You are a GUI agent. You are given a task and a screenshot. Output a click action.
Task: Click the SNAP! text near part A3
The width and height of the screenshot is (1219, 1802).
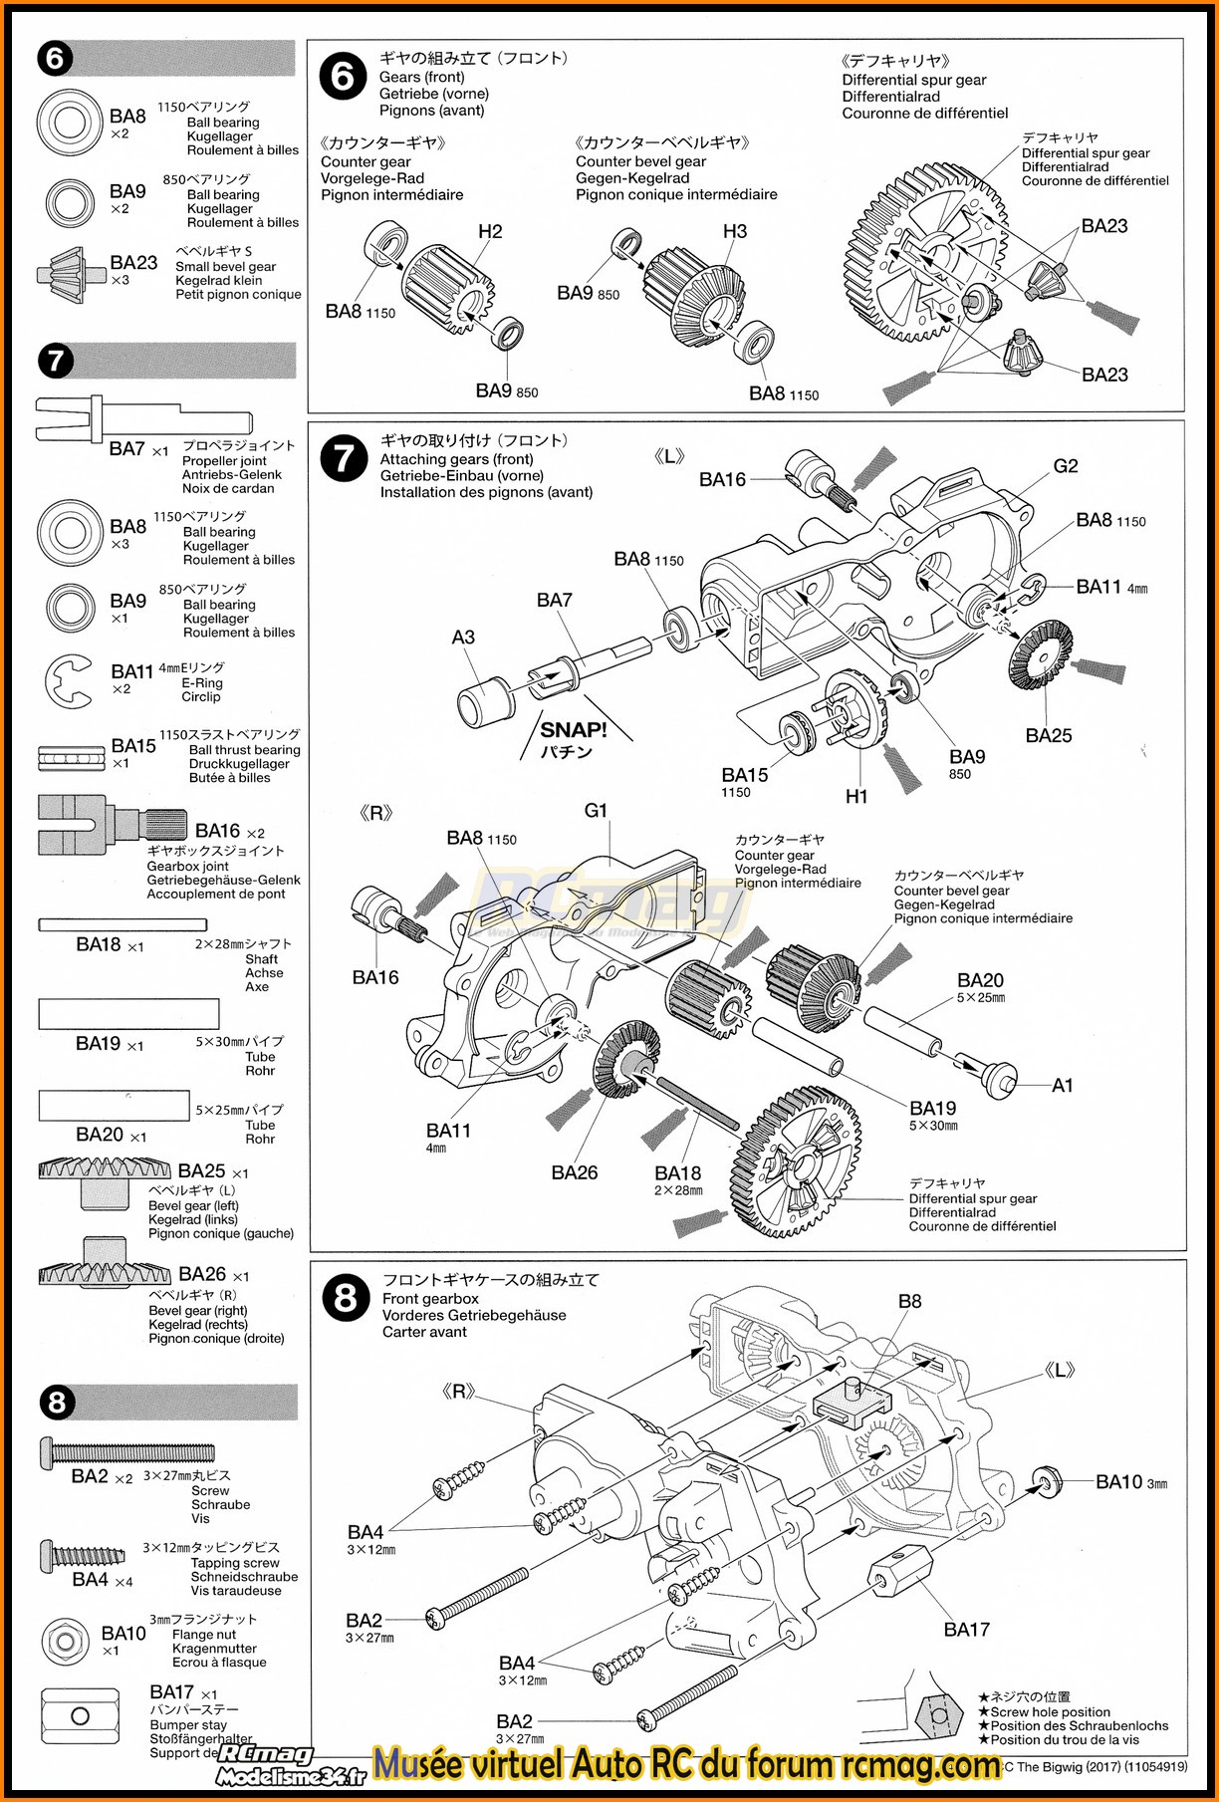pyautogui.click(x=573, y=729)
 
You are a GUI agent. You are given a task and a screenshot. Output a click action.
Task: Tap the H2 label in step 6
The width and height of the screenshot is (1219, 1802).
pyautogui.click(x=490, y=232)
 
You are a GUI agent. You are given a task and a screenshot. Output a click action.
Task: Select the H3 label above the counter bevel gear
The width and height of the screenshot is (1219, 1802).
pyautogui.click(x=734, y=231)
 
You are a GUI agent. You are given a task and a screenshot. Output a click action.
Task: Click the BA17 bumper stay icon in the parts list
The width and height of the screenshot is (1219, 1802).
pyautogui.click(x=80, y=1715)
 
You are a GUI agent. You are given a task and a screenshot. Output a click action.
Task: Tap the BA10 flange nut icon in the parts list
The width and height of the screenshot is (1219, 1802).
pyautogui.click(x=67, y=1639)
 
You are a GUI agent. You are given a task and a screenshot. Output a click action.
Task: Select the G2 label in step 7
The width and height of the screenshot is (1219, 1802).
pyautogui.click(x=1065, y=466)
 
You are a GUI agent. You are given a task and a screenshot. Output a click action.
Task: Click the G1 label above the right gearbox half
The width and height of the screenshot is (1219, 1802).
pyautogui.click(x=596, y=811)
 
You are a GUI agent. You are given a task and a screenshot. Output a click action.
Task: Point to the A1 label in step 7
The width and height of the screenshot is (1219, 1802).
pyautogui.click(x=1063, y=1085)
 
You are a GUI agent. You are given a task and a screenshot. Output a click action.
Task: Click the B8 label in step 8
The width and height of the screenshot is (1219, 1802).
pyautogui.click(x=909, y=1301)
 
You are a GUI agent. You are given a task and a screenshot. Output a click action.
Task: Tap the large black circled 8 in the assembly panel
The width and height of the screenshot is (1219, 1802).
pyautogui.click(x=345, y=1299)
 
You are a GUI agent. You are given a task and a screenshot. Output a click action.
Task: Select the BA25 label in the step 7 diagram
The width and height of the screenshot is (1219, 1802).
pyautogui.click(x=1048, y=735)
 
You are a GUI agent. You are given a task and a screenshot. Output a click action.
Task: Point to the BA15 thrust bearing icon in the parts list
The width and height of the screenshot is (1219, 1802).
pyautogui.click(x=71, y=758)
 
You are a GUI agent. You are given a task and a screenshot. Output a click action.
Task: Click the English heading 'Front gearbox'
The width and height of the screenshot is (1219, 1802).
pyautogui.click(x=430, y=1299)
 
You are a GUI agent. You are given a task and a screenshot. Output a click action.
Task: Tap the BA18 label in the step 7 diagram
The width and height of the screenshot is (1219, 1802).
pyautogui.click(x=677, y=1173)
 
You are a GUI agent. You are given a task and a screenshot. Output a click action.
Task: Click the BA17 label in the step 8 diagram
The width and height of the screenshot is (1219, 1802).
pyautogui.click(x=966, y=1630)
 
